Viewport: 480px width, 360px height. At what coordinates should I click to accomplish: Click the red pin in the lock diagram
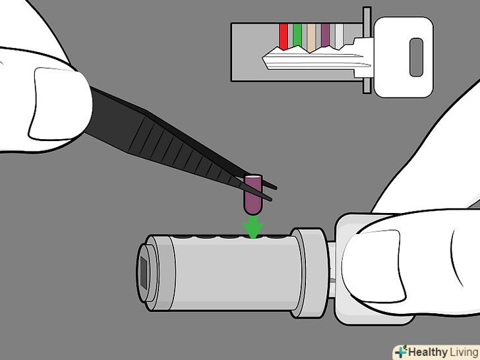[284, 36]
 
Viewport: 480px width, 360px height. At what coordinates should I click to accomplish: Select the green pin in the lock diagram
[297, 35]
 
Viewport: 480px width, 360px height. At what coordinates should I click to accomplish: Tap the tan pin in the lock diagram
[311, 38]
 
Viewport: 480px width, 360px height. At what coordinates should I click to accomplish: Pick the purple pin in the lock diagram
[326, 35]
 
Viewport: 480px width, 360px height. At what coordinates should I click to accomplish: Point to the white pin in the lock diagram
[340, 36]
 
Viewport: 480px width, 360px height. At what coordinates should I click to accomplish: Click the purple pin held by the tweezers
[253, 195]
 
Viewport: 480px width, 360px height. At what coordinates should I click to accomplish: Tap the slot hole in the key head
[416, 57]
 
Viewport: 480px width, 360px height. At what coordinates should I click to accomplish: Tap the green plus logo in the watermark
[401, 352]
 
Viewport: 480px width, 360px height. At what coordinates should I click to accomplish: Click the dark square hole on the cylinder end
[144, 272]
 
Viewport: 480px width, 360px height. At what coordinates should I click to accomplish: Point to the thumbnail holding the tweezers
[61, 104]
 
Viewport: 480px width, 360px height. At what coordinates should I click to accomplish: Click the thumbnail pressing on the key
[373, 266]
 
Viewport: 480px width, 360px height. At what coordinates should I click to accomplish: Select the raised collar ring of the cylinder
[309, 272]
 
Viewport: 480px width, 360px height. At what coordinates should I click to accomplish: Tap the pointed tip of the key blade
[263, 57]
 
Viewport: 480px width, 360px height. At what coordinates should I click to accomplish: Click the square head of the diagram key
[404, 57]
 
